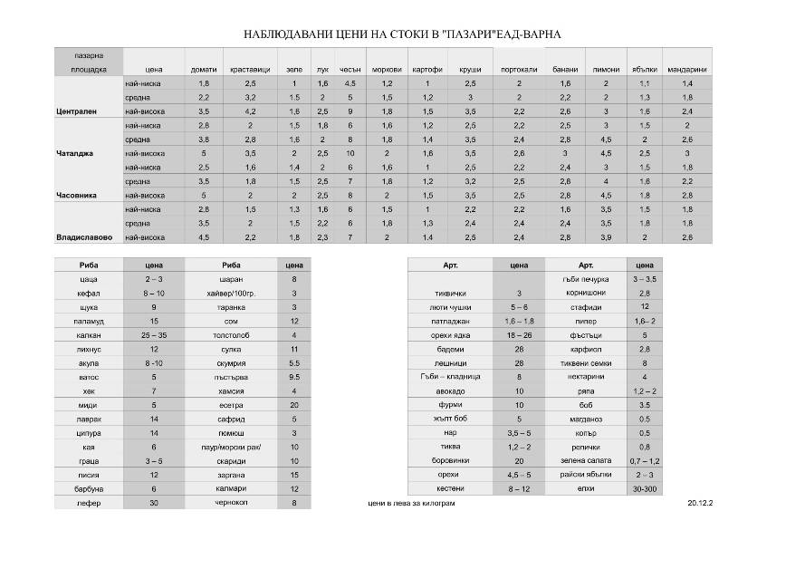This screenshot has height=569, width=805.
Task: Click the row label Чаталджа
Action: click(75, 153)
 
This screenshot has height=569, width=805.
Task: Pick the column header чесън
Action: click(350, 69)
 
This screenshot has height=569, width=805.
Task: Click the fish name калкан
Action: click(89, 335)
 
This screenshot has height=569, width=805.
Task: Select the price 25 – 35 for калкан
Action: click(154, 335)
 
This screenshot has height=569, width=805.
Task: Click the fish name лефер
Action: click(89, 501)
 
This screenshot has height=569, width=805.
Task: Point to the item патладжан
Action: click(451, 322)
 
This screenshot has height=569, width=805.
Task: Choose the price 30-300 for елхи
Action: click(645, 487)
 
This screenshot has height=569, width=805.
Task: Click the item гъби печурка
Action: click(586, 280)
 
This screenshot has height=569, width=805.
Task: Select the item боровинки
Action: click(451, 460)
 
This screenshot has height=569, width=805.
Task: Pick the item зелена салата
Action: click(586, 460)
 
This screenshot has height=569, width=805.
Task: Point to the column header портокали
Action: click(519, 69)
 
